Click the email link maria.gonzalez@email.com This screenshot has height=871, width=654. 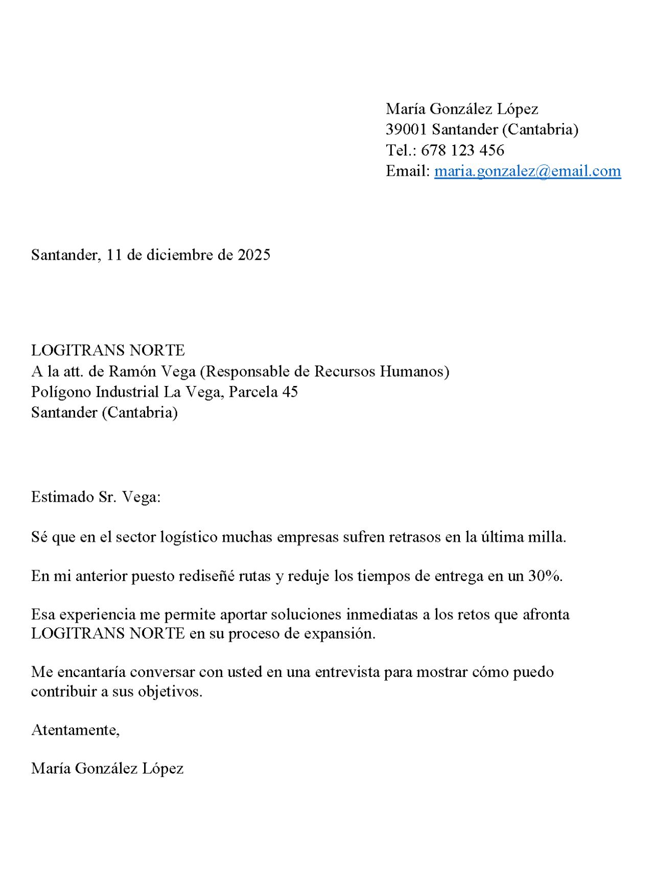point(527,171)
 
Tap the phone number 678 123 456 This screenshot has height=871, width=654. point(462,150)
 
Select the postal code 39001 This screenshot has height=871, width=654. point(406,130)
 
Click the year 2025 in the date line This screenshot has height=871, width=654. point(254,255)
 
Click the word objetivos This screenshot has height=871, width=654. point(170,692)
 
